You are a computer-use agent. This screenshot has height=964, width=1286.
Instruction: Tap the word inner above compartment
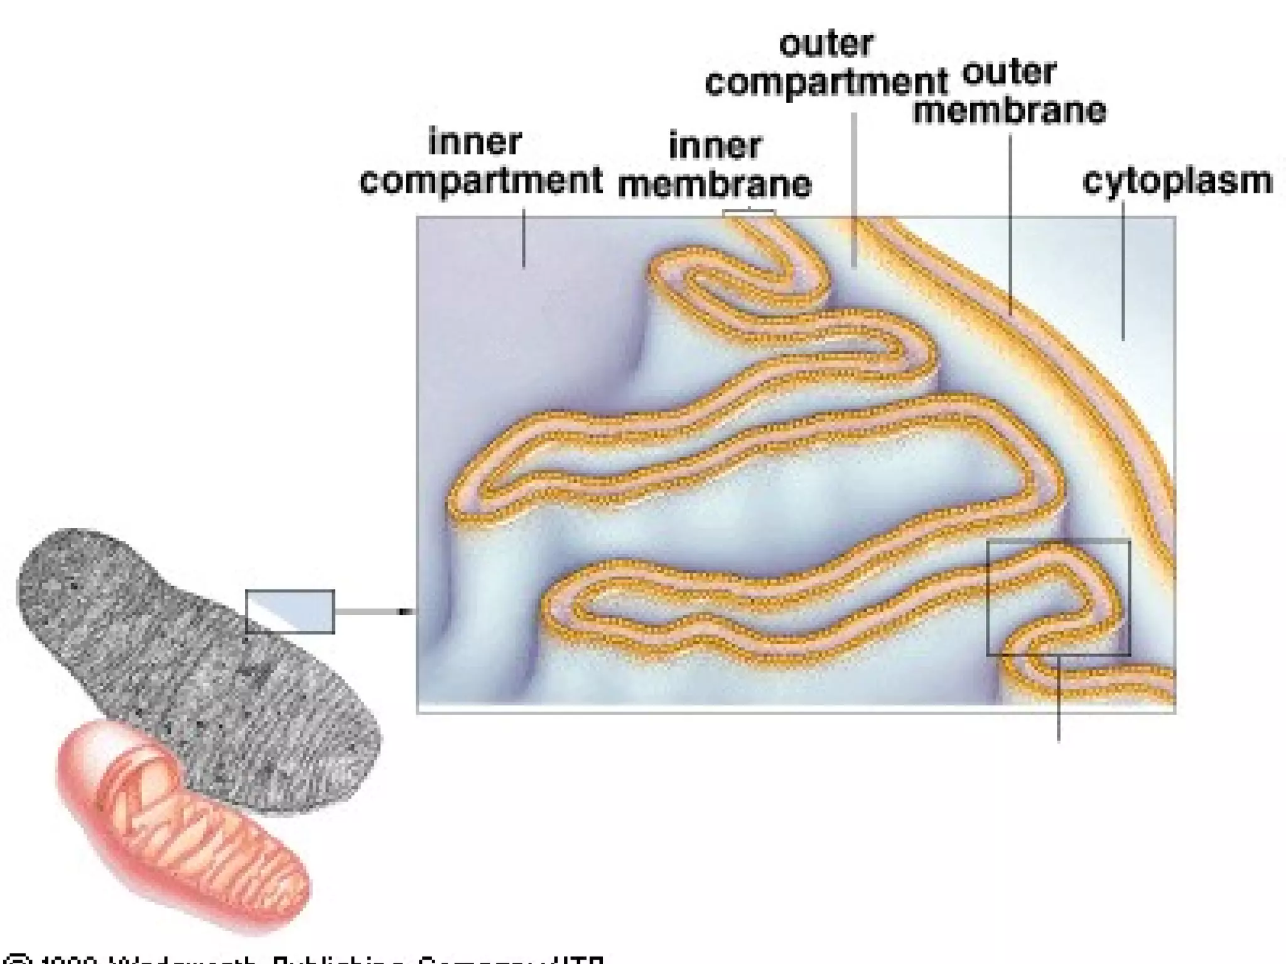coord(475,142)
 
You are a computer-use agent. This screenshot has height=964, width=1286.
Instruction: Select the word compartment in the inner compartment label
coord(481,181)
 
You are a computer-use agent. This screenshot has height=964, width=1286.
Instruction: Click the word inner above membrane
coord(715,146)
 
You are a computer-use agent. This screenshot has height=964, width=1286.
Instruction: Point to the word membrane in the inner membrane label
coord(715,185)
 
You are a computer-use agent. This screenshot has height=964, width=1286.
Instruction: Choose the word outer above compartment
coord(826,44)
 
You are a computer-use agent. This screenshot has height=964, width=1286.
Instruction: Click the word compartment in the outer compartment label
coord(826,83)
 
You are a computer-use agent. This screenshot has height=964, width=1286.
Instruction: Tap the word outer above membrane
coord(1008,72)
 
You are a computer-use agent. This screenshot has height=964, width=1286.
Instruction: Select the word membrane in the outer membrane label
coord(1009,111)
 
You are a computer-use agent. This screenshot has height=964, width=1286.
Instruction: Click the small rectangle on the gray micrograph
coord(289,612)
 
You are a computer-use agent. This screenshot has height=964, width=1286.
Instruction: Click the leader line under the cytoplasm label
coord(1123,270)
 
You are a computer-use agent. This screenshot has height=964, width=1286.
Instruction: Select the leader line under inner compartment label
coord(524,238)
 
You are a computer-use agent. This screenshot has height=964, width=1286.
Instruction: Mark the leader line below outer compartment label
coord(854,188)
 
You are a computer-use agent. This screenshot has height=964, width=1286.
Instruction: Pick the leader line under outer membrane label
coord(1010,220)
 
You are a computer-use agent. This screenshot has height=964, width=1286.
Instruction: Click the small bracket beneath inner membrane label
coord(748,213)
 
